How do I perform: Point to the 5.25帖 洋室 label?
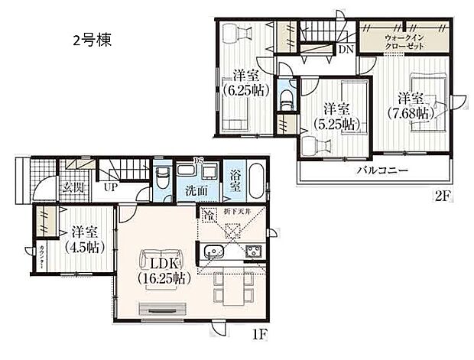coord(335,116)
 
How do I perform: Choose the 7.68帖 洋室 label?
coord(411,105)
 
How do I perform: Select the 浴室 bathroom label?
coord(235,181)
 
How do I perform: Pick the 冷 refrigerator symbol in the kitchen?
coord(207,215)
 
